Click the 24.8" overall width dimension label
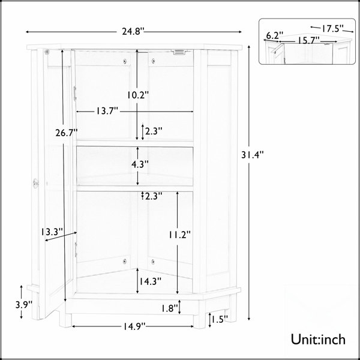(x=133, y=31)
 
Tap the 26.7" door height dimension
(x=67, y=133)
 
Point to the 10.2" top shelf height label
(x=138, y=95)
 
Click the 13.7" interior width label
(x=107, y=111)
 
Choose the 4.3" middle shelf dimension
(x=140, y=164)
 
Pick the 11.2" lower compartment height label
(x=180, y=235)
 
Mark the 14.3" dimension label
(x=151, y=281)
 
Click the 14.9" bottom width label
(x=134, y=326)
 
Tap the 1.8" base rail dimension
(x=169, y=308)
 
